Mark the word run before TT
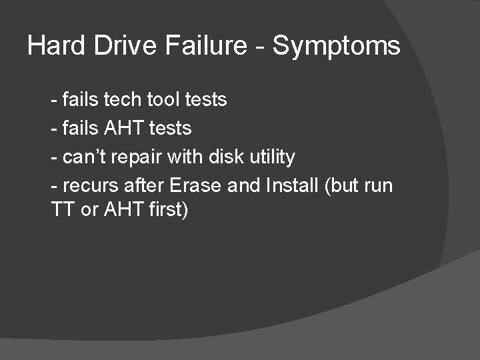coord(378,186)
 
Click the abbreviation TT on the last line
coord(62,210)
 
